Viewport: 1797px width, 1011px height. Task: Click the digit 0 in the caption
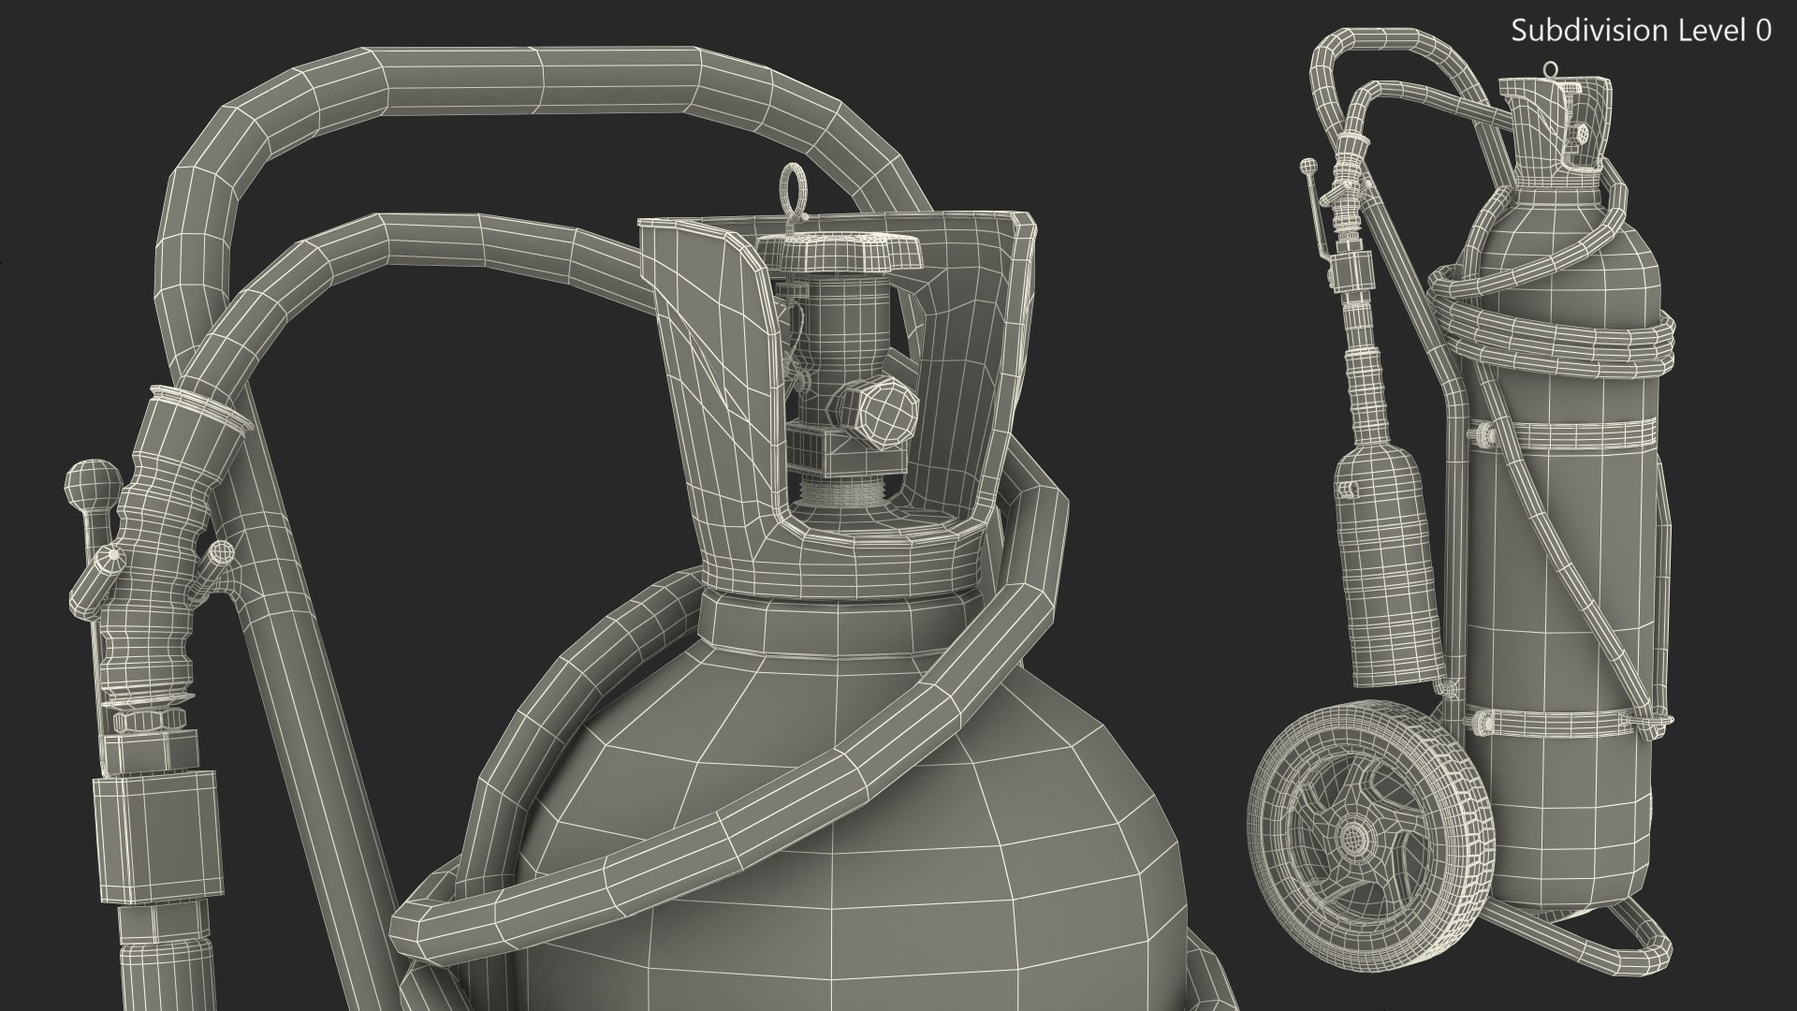(x=1763, y=31)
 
